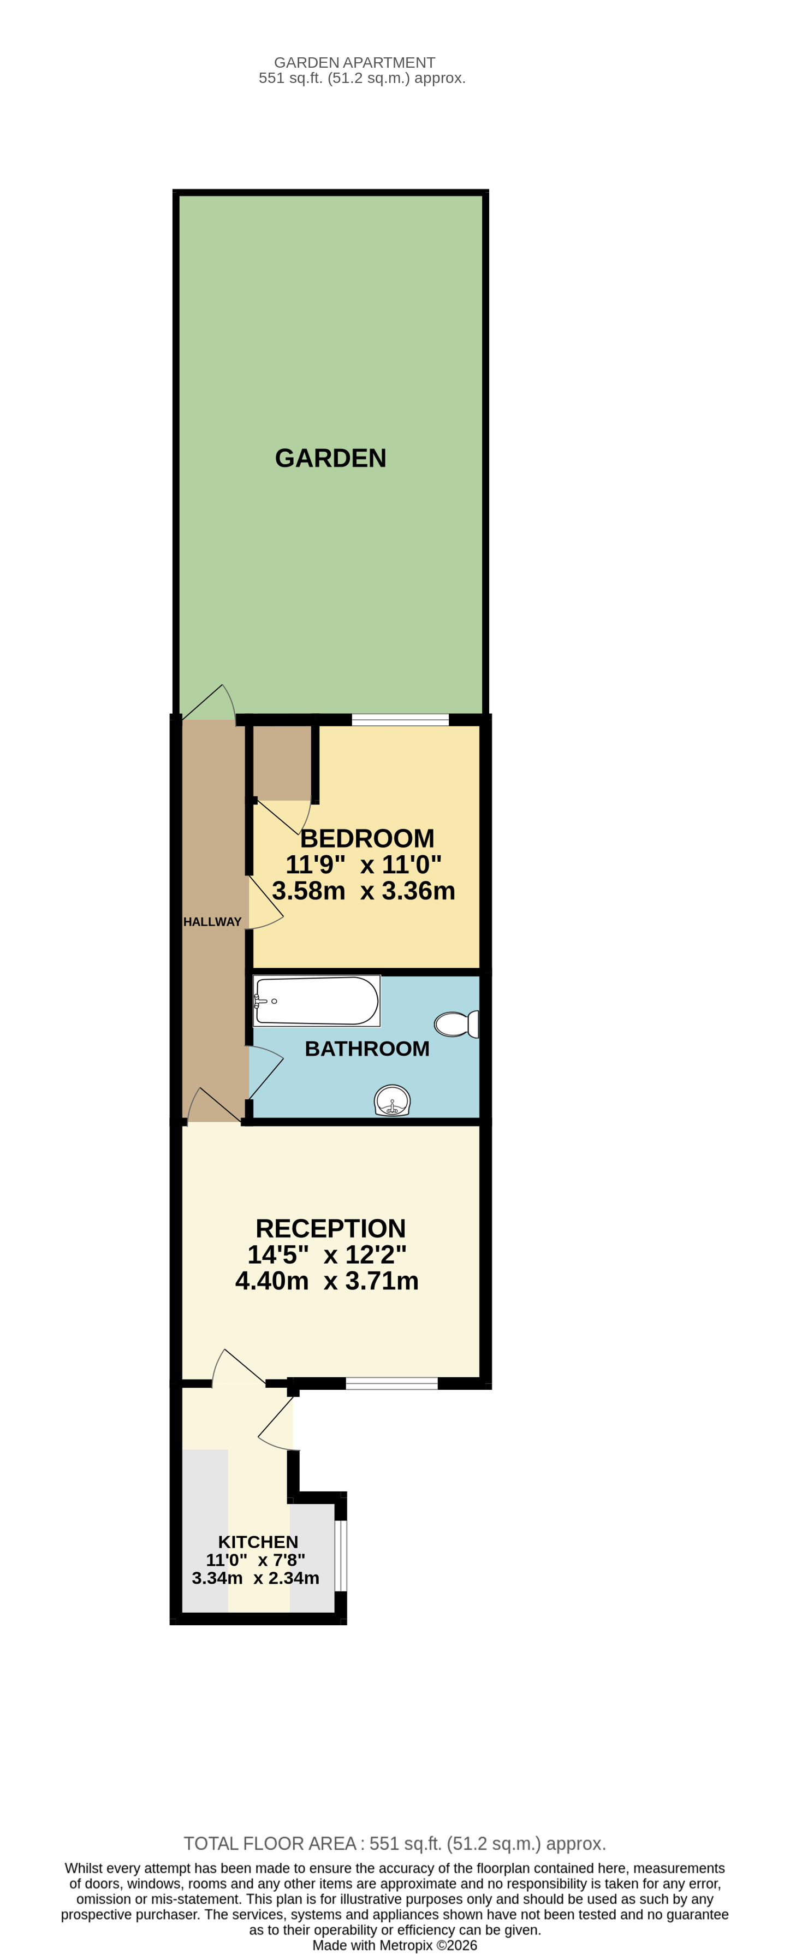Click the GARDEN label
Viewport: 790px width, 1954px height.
(x=330, y=458)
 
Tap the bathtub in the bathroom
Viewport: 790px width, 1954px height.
(x=317, y=1000)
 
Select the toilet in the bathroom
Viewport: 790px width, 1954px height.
(x=456, y=1024)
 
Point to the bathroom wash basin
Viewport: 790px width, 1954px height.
(x=392, y=1100)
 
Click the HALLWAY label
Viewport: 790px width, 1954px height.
(x=212, y=922)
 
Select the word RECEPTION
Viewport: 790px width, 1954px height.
(x=330, y=1228)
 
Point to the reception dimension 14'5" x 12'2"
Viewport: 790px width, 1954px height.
(x=327, y=1254)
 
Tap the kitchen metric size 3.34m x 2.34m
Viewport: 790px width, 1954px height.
(x=256, y=1578)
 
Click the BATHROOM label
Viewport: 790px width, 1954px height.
(x=367, y=1049)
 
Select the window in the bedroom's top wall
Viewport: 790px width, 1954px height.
(x=400, y=720)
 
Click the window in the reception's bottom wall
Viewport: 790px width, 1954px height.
(x=392, y=1383)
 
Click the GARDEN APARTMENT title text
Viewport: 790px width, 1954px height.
(x=354, y=62)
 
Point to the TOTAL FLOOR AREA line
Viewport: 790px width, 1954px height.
(x=394, y=1843)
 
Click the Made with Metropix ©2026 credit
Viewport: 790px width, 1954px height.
(x=394, y=1945)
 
